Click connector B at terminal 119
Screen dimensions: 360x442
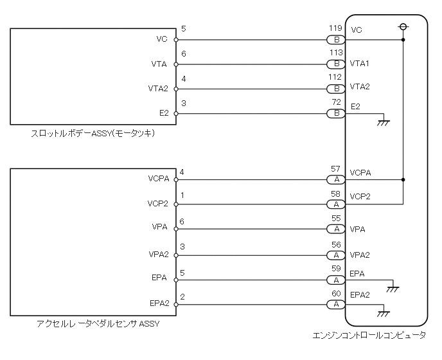coord(335,39)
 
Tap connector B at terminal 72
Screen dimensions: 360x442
coord(335,114)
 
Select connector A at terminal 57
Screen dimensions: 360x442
coord(335,180)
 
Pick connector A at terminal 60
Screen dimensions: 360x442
coord(335,303)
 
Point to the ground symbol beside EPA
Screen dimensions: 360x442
coord(393,287)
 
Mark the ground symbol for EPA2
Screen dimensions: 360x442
coord(385,312)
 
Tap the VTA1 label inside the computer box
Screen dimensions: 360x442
coord(360,64)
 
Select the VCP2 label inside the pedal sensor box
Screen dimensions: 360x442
coord(158,204)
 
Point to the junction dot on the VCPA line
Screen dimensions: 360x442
coord(403,180)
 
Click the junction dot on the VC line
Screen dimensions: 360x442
coord(403,39)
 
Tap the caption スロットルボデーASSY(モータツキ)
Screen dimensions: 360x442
coord(94,134)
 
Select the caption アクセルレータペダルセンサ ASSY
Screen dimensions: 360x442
coord(98,323)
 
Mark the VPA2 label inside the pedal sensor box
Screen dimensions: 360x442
coord(158,254)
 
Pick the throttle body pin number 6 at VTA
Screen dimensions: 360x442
coord(184,55)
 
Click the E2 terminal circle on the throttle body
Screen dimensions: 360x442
coord(175,114)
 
